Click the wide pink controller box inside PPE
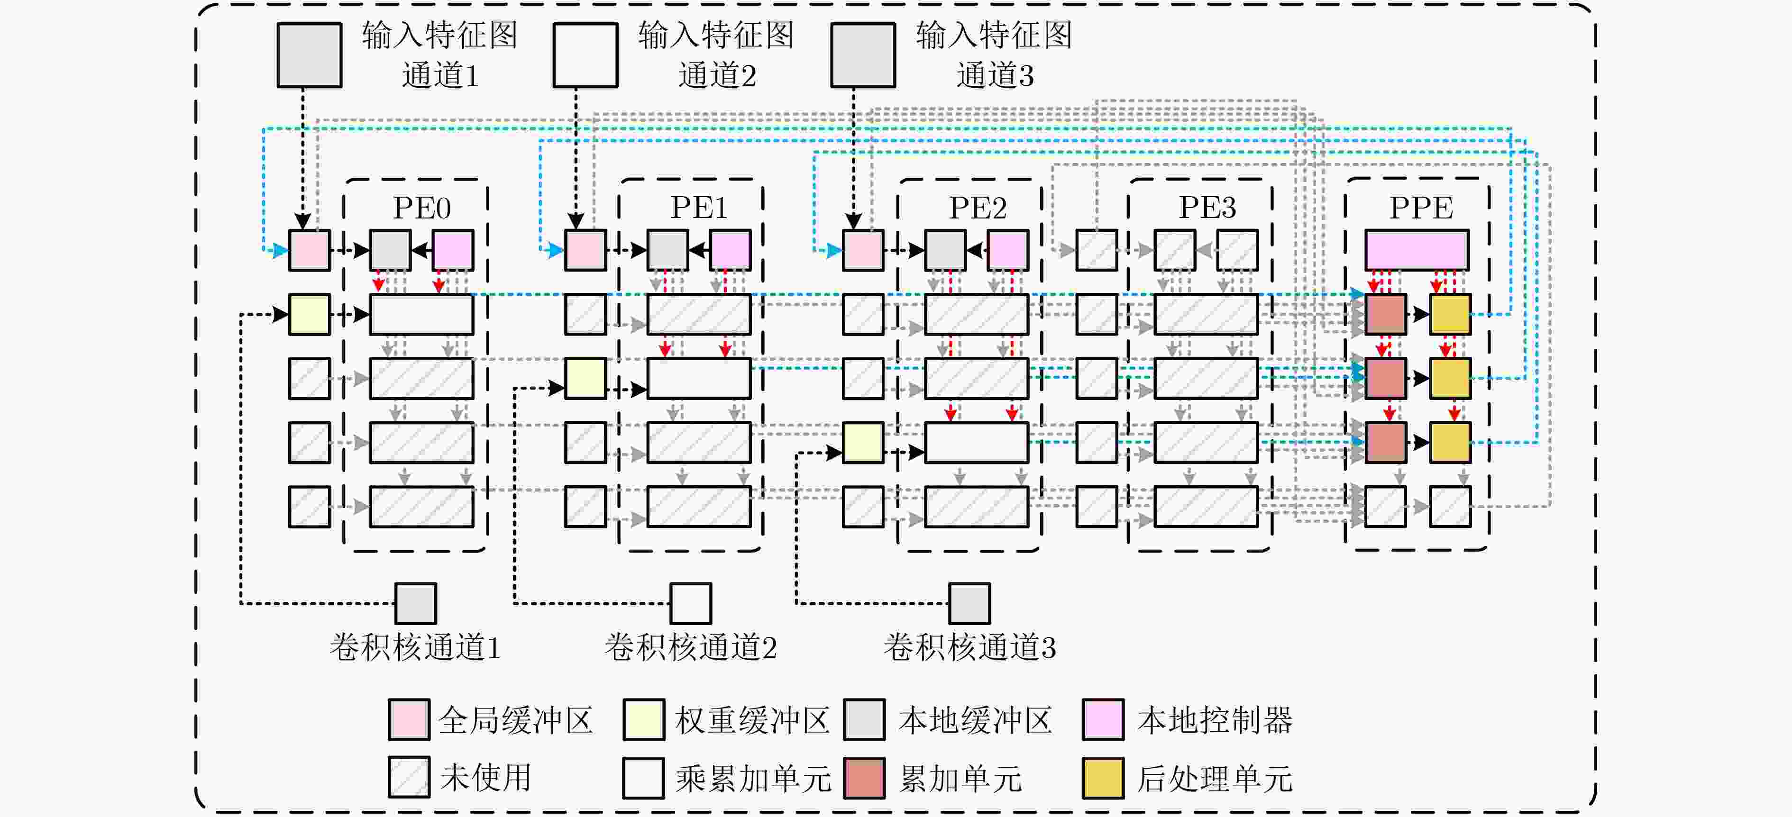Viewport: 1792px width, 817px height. (x=1417, y=250)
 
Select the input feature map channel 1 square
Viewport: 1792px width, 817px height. (x=310, y=55)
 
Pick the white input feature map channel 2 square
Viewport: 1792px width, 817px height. (x=586, y=55)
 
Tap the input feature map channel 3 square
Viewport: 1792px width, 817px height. (x=863, y=55)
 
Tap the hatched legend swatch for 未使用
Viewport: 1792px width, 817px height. (x=409, y=777)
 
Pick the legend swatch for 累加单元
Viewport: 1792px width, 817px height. (x=865, y=777)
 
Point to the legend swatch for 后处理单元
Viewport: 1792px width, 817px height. (x=1103, y=777)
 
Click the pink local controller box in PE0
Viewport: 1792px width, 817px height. (x=453, y=250)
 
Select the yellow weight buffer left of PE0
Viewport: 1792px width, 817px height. (x=310, y=314)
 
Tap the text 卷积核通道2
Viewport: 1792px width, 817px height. (x=691, y=647)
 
